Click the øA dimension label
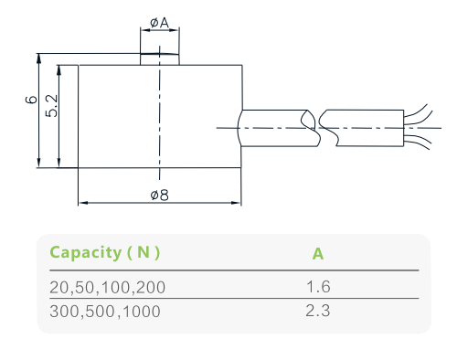pyautogui.click(x=159, y=23)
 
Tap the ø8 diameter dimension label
pyautogui.click(x=160, y=195)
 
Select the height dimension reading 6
pyautogui.click(x=31, y=100)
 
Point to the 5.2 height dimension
pyautogui.click(x=51, y=106)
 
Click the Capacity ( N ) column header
pyautogui.click(x=104, y=252)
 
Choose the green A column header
pyautogui.click(x=318, y=254)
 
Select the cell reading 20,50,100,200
pyautogui.click(x=107, y=287)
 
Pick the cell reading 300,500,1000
pyautogui.click(x=105, y=312)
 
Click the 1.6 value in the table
pyautogui.click(x=318, y=287)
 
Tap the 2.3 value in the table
pyautogui.click(x=318, y=311)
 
